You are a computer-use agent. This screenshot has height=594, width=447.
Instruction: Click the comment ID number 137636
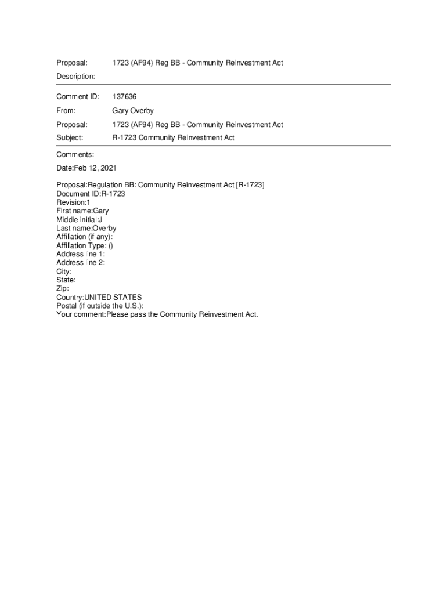124,96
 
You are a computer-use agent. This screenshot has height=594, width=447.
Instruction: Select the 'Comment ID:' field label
78,96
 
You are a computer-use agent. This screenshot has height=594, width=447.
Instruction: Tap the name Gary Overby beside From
133,111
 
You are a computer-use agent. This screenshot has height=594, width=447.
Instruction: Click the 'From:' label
66,111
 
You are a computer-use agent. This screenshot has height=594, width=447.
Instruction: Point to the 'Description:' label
75,77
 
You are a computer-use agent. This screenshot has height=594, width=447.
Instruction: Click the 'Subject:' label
70,138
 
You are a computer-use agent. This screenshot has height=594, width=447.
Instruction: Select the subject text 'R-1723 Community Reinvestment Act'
173,138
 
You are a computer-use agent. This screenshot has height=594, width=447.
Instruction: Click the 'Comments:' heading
75,155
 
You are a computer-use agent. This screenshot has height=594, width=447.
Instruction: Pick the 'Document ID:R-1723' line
91,194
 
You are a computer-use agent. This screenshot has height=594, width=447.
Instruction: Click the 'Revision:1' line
73,202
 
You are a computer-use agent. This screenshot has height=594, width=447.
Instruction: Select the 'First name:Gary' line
82,211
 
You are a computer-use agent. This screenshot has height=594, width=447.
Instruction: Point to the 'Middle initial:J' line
80,220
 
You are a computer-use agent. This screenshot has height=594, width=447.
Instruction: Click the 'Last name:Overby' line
86,229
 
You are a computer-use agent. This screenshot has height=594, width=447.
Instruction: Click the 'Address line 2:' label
81,263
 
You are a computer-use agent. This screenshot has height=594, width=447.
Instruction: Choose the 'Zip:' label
63,288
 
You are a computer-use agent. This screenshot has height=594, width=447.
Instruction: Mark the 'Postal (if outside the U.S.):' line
100,306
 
